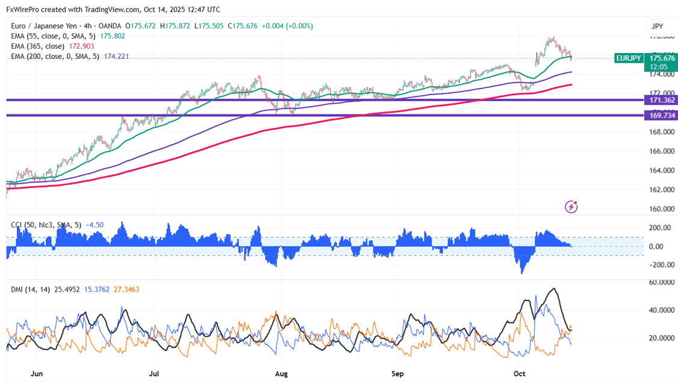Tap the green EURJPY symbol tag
point(627,58)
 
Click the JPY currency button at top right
point(657,27)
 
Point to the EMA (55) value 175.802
point(112,36)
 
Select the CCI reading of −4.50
point(95,225)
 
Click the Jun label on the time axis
point(37,374)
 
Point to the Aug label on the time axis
point(281,374)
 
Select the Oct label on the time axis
point(519,374)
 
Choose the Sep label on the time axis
point(397,374)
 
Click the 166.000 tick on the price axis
point(661,151)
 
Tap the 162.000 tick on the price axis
point(661,190)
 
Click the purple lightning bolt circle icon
point(571,207)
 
